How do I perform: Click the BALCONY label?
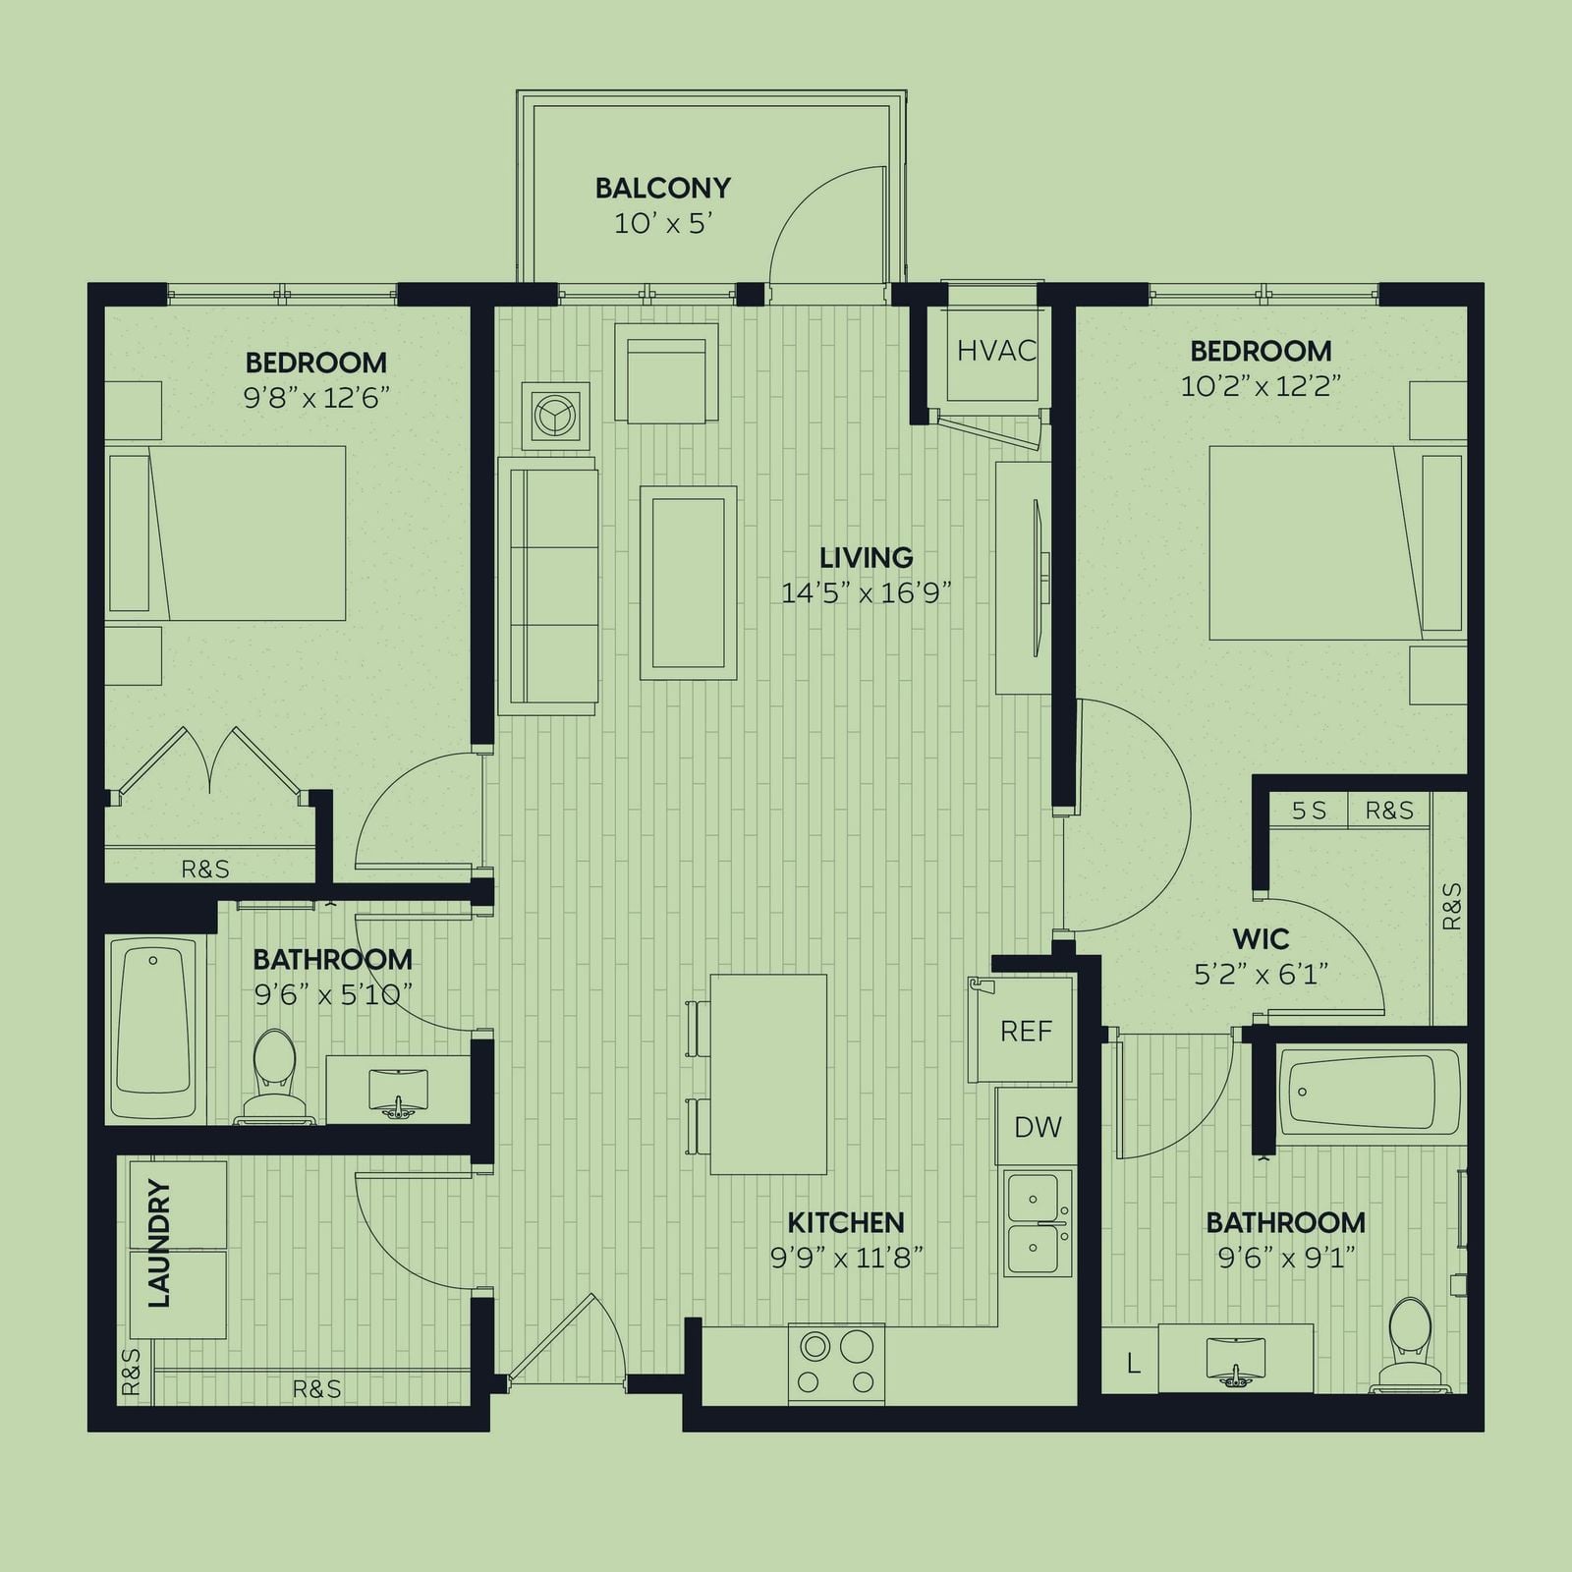pos(662,188)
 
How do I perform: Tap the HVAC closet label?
pos(996,350)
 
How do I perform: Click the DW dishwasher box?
pos(1038,1126)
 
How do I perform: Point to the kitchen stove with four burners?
pos(836,1364)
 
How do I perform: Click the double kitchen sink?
pos(1037,1224)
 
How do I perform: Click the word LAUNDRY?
pos(158,1244)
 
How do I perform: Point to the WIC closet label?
pos(1261,938)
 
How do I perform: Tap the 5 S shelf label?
pos(1309,811)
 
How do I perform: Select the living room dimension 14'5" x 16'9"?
pos(866,593)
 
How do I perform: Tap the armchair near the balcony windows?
pos(666,374)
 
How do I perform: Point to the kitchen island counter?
pos(768,1075)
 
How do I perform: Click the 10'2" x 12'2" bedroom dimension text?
pos(1261,386)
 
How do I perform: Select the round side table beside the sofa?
pos(556,417)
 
